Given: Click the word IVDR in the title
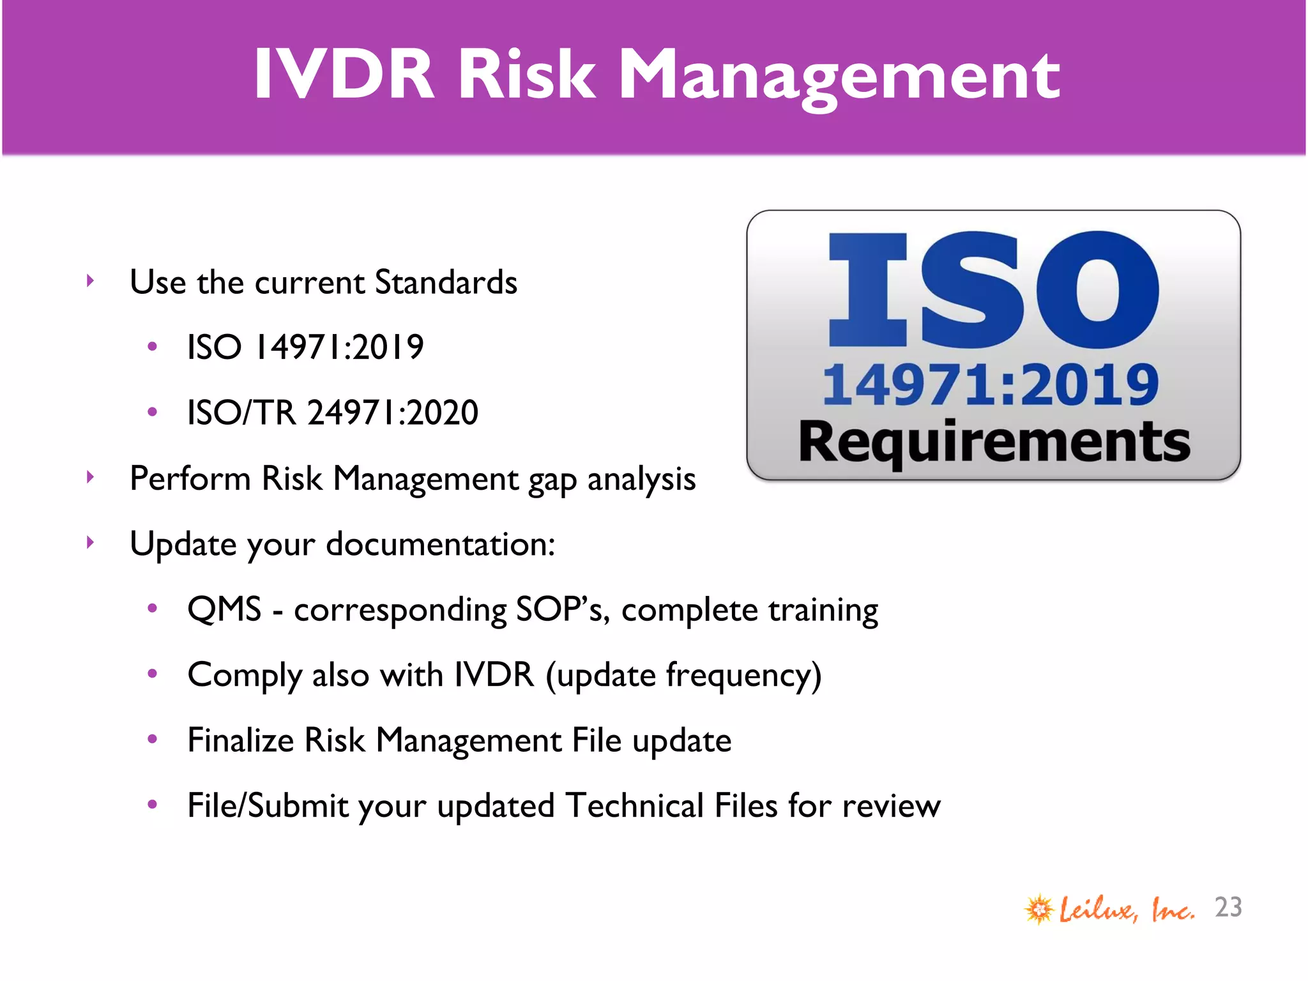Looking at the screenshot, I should (344, 75).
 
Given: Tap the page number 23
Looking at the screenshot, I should (1228, 908).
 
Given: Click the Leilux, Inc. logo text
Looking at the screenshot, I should (1126, 909).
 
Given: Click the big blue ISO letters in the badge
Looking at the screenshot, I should (992, 291).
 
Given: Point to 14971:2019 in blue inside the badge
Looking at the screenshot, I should (990, 385).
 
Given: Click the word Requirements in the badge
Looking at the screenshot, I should (994, 442).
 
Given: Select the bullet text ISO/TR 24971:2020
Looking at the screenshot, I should (332, 413).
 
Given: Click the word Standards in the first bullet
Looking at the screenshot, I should (446, 282).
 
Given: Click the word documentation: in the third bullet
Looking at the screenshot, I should (441, 545).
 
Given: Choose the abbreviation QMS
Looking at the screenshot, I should (224, 609).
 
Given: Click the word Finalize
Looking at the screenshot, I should (240, 741).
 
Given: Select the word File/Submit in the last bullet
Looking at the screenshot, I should (268, 806).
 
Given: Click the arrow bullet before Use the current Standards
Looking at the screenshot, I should (90, 281).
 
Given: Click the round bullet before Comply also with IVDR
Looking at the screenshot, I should (152, 674).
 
